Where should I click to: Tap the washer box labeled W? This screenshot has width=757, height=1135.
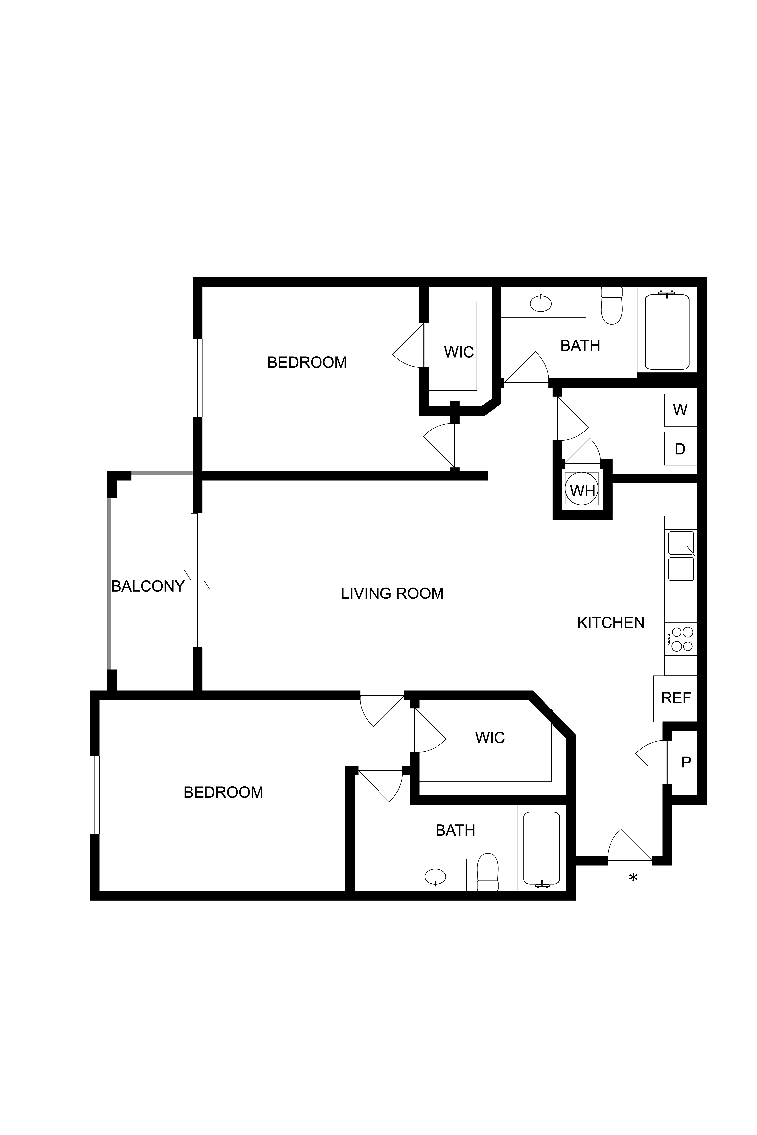pos(680,410)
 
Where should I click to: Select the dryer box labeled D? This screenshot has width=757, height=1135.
pos(680,449)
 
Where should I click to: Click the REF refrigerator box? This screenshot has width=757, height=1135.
pos(675,698)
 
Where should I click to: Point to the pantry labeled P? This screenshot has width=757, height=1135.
pos(686,762)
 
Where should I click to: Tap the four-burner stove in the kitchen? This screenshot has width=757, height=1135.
pos(682,639)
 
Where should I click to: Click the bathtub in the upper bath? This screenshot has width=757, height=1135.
pos(667,332)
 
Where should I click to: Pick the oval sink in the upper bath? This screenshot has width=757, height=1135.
pos(541,303)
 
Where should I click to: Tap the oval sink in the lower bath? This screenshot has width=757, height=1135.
pos(436,876)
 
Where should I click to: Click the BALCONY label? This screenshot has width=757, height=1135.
pos(148,586)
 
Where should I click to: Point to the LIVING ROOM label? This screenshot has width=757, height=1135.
pos(392,593)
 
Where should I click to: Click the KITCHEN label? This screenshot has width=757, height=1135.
pos(611,623)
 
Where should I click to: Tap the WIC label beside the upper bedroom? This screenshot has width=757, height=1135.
pos(459,352)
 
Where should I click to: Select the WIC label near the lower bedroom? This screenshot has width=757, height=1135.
pos(490,737)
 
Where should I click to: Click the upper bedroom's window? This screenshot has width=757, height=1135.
pos(197,378)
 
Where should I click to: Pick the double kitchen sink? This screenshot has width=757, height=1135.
pos(681,556)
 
